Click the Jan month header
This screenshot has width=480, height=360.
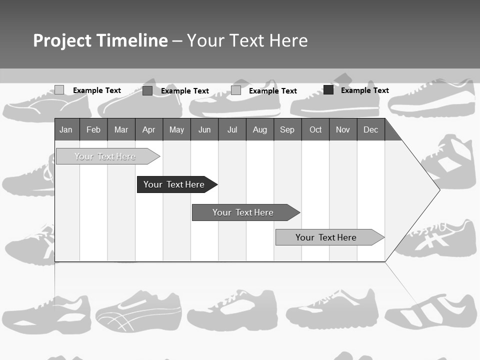point(66,130)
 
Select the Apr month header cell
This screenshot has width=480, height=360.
point(148,130)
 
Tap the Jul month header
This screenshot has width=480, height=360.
point(232,130)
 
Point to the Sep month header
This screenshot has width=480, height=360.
point(287,130)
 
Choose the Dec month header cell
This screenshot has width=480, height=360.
point(370,130)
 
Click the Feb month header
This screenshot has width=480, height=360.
point(93,130)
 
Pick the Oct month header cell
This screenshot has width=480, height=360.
point(315,130)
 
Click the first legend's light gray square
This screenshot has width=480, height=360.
point(59,90)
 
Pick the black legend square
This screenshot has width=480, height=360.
point(328,90)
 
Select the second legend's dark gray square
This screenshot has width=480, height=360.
point(147,90)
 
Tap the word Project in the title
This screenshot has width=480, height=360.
point(62,40)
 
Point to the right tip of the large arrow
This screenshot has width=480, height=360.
point(438,190)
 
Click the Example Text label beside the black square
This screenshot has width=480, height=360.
point(365,90)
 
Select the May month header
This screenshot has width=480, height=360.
point(176,130)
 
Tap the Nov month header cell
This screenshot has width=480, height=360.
point(343,130)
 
